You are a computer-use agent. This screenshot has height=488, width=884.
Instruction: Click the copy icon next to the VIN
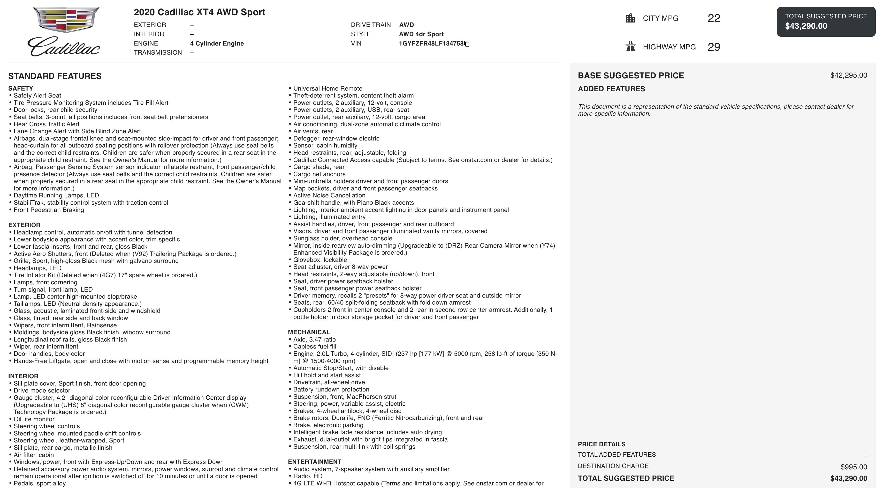467,44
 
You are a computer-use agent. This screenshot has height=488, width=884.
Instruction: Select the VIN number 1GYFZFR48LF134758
431,44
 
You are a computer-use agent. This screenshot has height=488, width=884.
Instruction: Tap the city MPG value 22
714,18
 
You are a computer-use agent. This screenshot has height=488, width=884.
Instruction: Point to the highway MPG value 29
714,47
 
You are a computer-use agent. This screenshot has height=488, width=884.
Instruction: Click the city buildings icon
630,18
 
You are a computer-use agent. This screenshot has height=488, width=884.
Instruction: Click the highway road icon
630,46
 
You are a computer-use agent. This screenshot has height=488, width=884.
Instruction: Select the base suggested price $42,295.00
848,75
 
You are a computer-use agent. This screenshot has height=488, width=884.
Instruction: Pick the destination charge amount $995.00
853,467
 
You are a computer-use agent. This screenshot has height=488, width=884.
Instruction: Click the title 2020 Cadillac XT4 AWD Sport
199,12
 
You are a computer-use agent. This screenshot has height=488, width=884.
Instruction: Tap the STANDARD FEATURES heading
55,76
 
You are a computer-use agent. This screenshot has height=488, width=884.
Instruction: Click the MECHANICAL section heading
309,332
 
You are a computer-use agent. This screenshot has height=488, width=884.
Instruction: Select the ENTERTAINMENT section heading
314,462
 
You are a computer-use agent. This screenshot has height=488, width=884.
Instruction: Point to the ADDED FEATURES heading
611,89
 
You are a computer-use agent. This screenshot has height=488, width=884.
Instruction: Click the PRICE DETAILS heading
601,444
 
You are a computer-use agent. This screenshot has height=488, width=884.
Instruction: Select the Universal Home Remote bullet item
328,88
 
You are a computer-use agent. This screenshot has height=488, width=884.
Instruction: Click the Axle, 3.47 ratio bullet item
314,339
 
